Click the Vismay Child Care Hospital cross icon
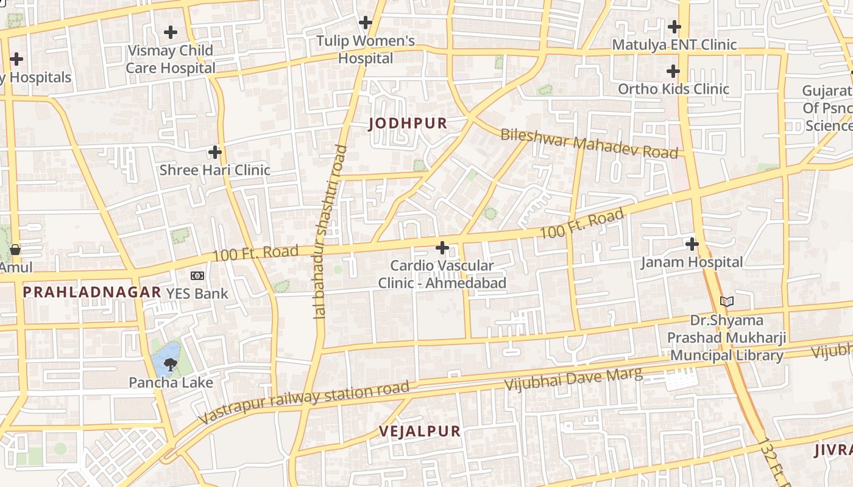point(171,32)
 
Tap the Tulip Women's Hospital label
point(366,50)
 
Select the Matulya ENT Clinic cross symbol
point(674,27)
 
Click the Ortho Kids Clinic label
point(673,89)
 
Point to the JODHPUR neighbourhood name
point(408,124)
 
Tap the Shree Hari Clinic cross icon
point(214,152)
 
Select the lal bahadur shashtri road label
point(330,231)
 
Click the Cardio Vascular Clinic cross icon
point(442,248)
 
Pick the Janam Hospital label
point(692,262)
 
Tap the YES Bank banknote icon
point(197,276)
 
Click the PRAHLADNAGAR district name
point(91,292)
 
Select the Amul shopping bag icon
point(15,250)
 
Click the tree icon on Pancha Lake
point(171,365)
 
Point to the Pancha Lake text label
point(171,383)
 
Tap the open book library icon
point(726,301)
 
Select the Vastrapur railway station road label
point(304,402)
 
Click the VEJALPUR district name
point(420,432)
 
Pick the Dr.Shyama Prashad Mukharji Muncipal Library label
point(726,338)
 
